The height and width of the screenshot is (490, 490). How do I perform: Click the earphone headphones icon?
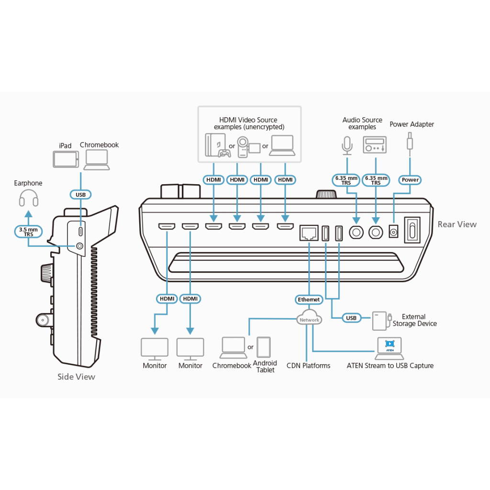[x=29, y=198]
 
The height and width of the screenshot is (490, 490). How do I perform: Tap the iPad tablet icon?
[x=66, y=159]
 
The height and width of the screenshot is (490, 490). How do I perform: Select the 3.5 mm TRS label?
[x=28, y=232]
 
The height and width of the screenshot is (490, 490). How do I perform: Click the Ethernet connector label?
[x=309, y=300]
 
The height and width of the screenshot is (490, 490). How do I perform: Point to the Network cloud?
[x=310, y=318]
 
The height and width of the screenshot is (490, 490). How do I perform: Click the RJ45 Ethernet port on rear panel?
[x=309, y=233]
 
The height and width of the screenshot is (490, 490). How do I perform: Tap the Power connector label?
[x=410, y=180]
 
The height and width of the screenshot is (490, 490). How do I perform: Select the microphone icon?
[x=347, y=145]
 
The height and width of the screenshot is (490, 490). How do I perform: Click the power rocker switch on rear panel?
[x=412, y=230]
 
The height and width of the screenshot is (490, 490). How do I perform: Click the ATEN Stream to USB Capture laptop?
[x=390, y=348]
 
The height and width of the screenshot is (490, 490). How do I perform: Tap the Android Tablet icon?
[x=264, y=347]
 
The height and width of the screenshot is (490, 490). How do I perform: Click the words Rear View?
[x=457, y=224]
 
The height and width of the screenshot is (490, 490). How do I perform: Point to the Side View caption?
[x=76, y=377]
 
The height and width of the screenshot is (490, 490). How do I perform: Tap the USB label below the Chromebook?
[x=80, y=195]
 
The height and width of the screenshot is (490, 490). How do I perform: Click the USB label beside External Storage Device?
[x=351, y=318]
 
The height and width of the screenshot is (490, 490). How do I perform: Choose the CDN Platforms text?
[x=309, y=366]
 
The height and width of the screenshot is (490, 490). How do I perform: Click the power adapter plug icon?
[x=410, y=144]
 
